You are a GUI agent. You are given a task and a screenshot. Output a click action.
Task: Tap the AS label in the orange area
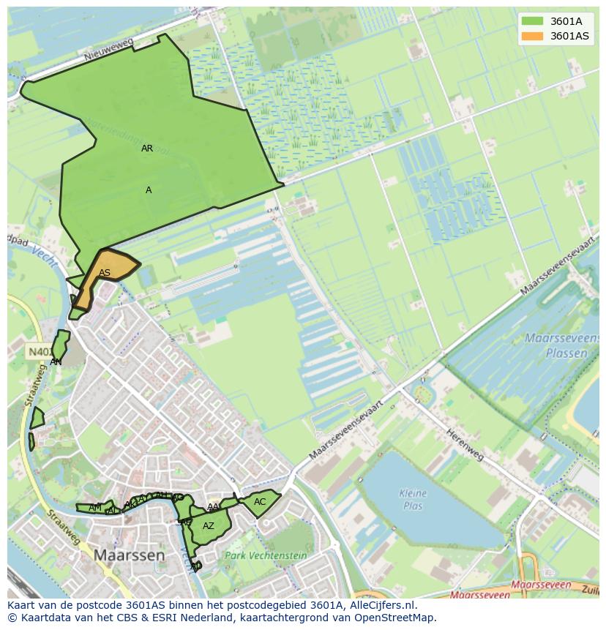[x=105, y=273]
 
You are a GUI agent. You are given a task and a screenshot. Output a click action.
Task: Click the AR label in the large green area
[x=147, y=149]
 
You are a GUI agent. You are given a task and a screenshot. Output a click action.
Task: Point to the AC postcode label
[x=260, y=502]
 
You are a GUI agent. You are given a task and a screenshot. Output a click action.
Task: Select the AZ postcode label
[x=209, y=526]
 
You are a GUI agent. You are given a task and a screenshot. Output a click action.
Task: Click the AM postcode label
[x=95, y=508]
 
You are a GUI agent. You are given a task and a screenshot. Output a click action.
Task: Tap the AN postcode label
[x=56, y=361]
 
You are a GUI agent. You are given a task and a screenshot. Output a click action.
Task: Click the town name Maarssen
[x=129, y=555]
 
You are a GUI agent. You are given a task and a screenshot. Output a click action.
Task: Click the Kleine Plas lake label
[x=413, y=499]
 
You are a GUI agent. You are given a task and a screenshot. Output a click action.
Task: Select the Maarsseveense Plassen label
[x=556, y=345]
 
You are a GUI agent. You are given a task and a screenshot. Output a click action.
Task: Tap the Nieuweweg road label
[x=108, y=50]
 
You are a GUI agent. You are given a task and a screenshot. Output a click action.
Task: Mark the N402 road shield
[x=39, y=352]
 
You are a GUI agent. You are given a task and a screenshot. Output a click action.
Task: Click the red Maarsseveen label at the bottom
[x=541, y=585]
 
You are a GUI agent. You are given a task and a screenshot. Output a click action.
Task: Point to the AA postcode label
[x=213, y=507]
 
